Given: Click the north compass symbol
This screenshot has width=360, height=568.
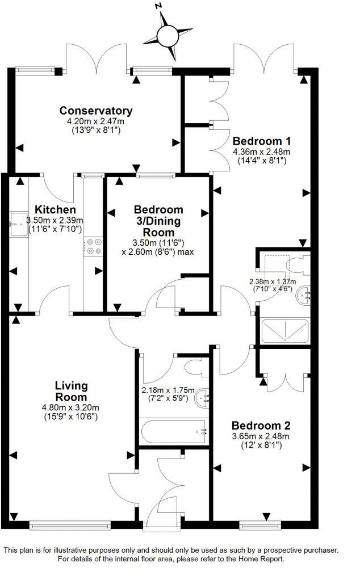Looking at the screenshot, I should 168,35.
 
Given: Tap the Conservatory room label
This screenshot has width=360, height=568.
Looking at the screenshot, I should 96,111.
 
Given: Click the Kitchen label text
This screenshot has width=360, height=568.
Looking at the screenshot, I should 55,210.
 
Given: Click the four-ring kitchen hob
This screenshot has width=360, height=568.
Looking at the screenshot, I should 92,247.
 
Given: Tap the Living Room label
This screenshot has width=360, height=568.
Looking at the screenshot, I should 71,392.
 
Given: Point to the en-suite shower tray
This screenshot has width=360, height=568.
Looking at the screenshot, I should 284,331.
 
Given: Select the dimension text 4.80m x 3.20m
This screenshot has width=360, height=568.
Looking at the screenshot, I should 71,407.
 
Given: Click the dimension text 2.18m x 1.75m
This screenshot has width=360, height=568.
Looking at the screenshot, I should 168,390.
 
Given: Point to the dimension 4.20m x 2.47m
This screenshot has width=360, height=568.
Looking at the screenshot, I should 96,121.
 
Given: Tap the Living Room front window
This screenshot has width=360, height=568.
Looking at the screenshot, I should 70,526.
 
